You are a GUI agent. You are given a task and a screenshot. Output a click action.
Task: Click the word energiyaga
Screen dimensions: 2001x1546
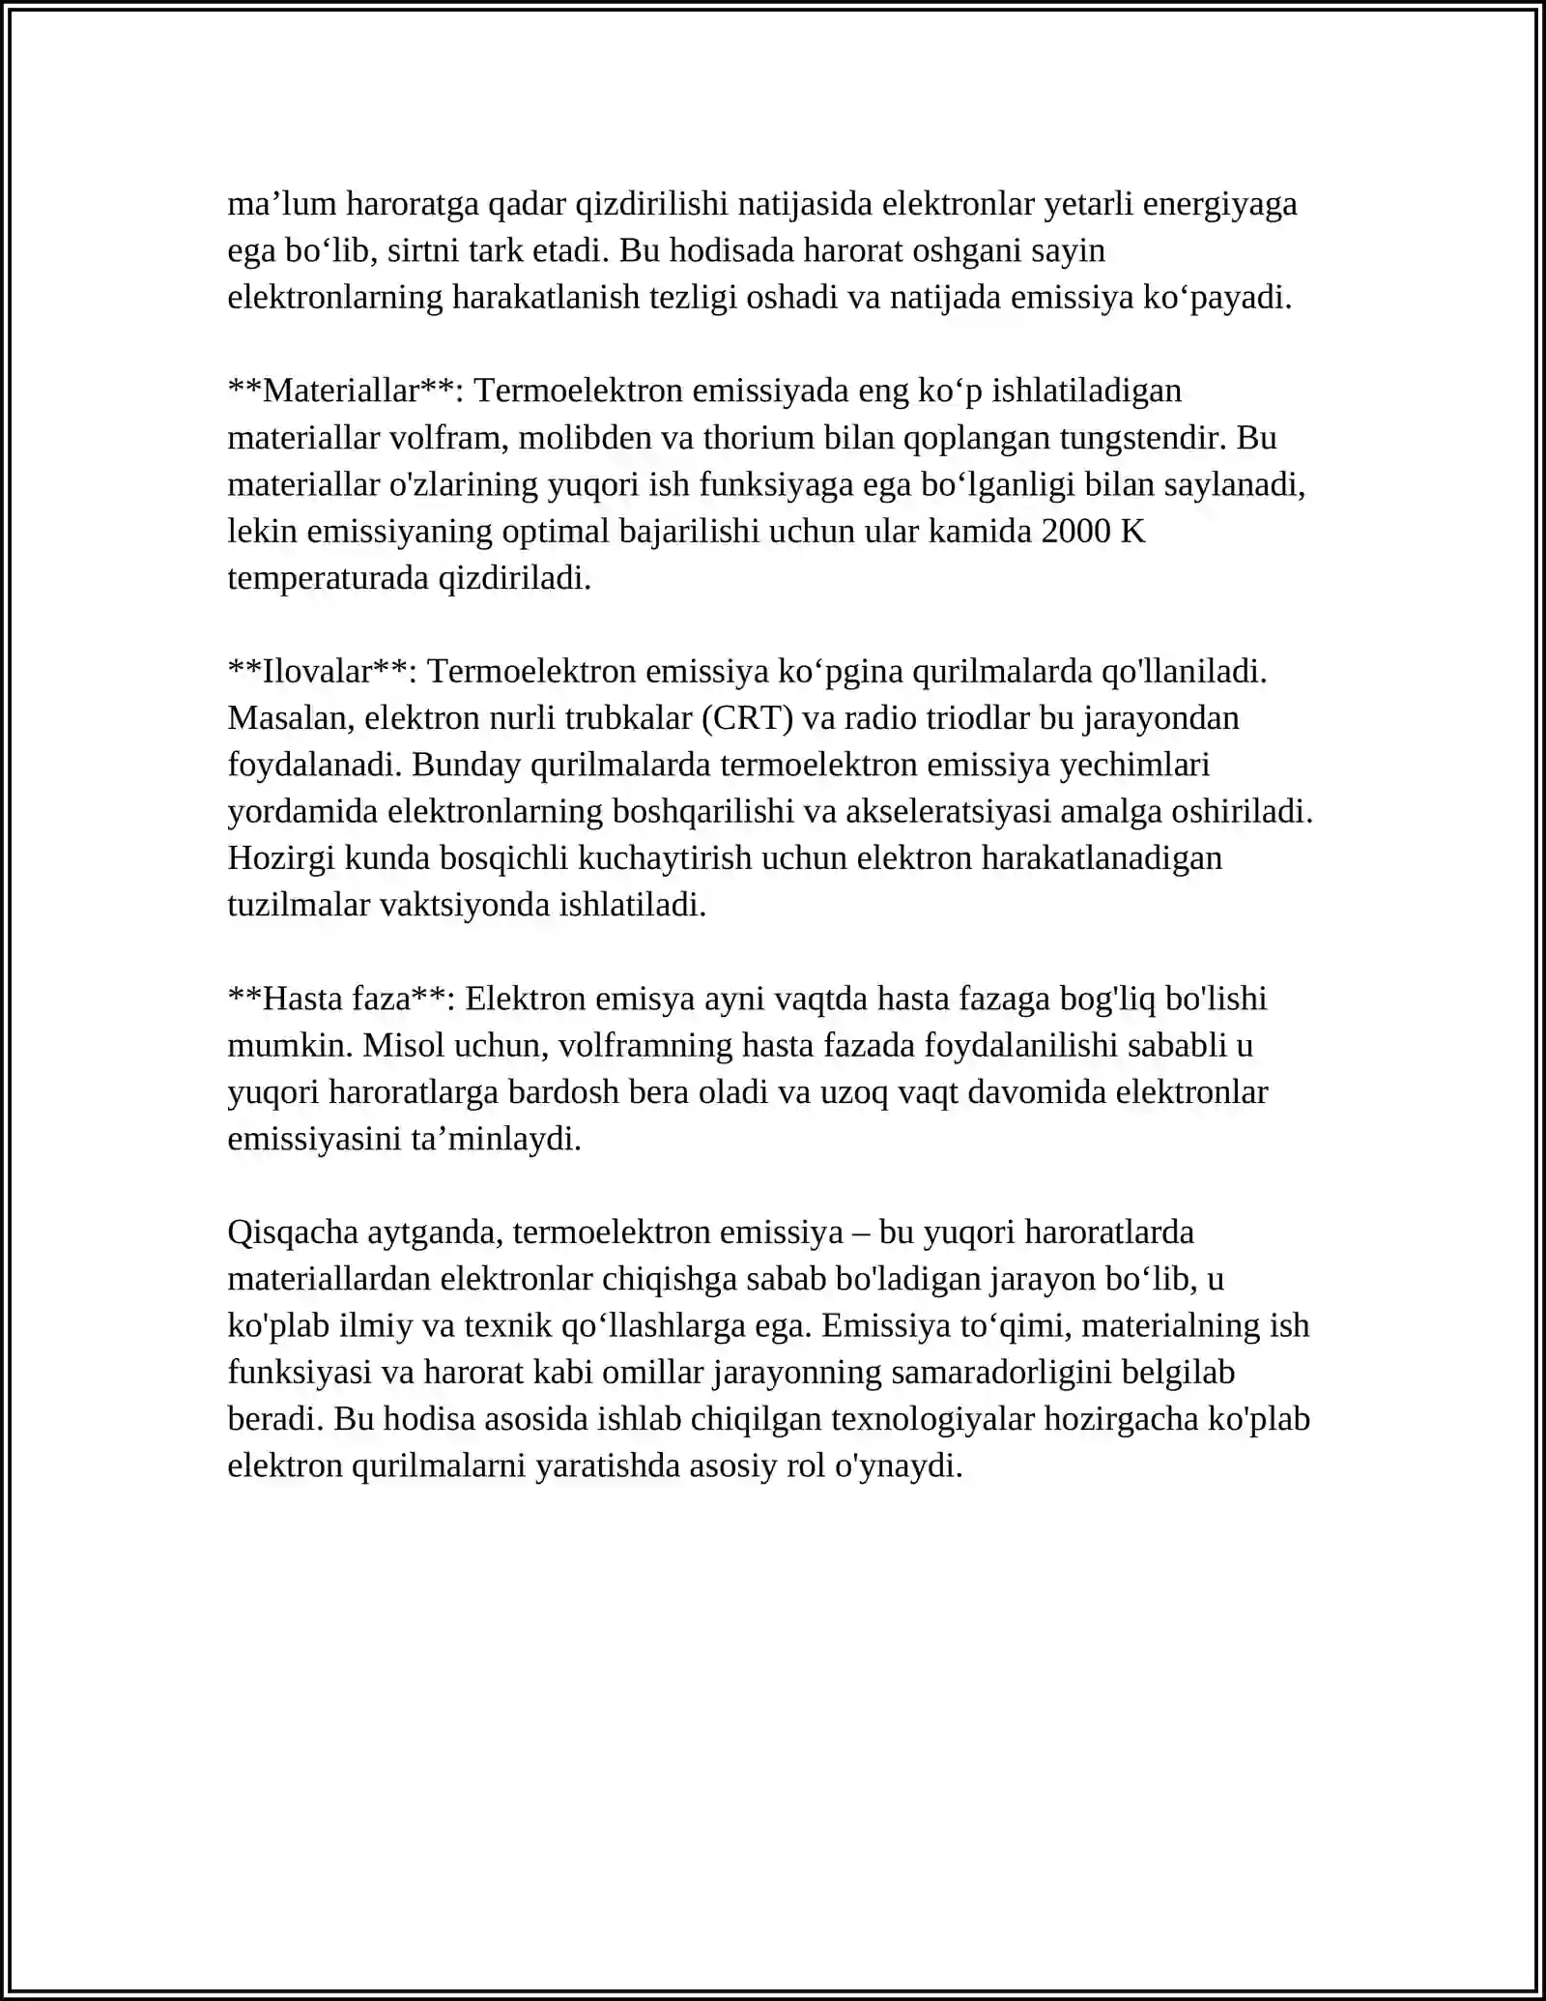tap(1220, 205)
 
